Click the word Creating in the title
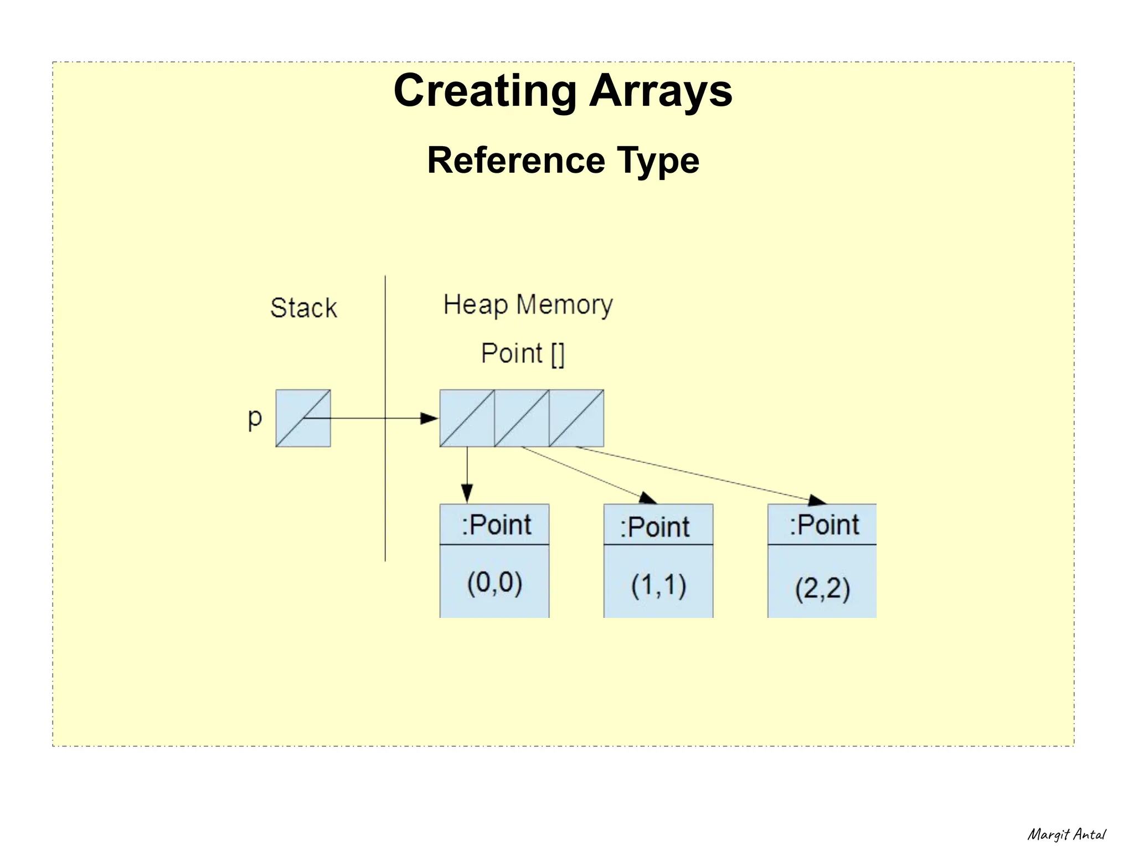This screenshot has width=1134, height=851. coord(485,91)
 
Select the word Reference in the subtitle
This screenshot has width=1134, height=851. coord(516,161)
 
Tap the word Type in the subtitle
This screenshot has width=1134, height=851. coord(658,161)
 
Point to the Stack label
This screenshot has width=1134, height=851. coord(303,308)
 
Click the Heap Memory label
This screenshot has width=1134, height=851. coord(528,305)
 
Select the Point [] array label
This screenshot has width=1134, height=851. coord(522,353)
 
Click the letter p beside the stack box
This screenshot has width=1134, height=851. coord(255,419)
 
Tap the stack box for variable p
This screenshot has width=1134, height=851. coord(303,418)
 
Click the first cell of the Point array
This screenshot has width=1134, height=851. coord(467,418)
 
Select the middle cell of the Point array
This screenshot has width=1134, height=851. coord(522,418)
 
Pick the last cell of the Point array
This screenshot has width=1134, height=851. coord(576,418)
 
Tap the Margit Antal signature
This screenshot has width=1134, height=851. coord(1066,834)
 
